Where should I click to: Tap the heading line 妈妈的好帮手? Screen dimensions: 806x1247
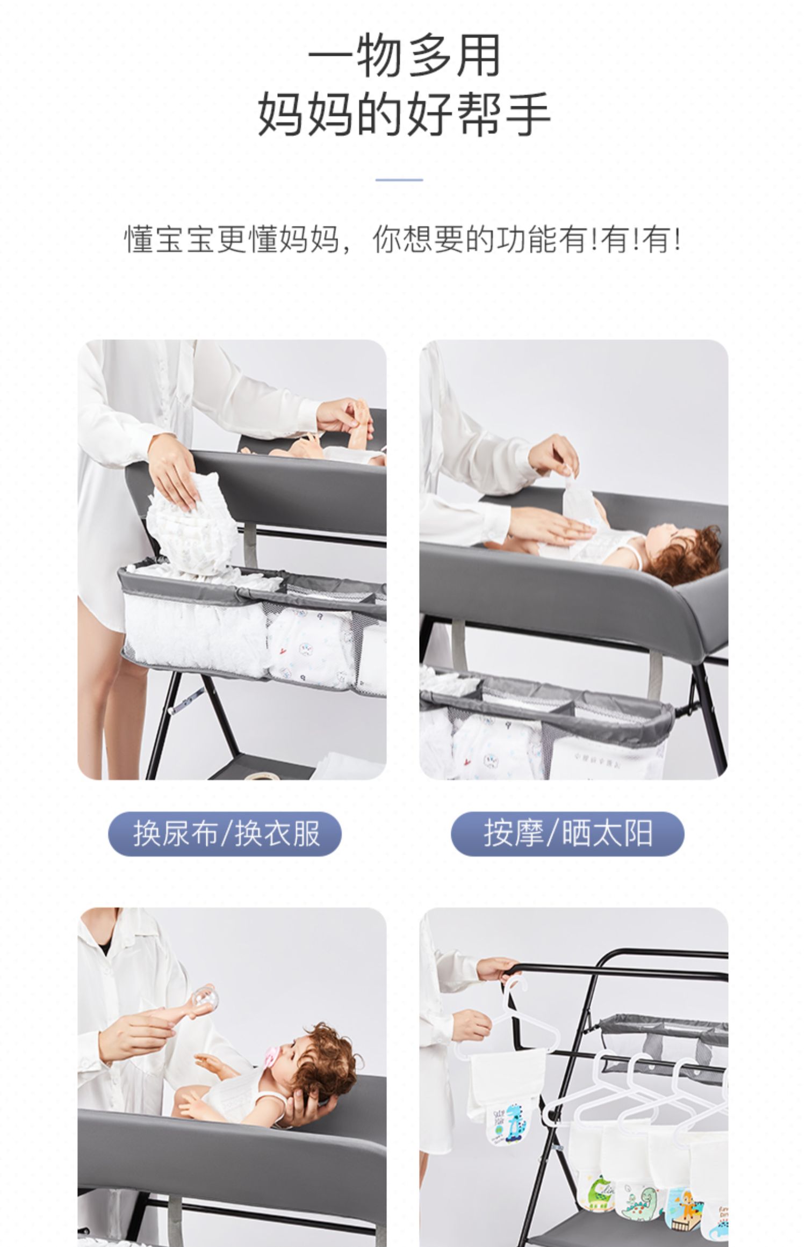404,113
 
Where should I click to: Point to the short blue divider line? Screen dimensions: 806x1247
399,180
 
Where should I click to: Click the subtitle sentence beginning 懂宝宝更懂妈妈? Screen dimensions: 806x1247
403,239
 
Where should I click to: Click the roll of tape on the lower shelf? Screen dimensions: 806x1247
264,774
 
